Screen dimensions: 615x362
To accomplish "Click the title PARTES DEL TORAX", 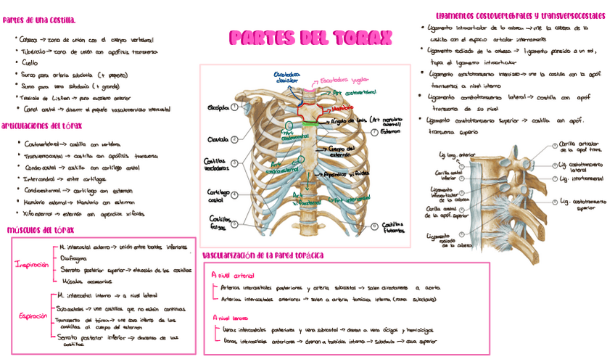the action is click(310, 38).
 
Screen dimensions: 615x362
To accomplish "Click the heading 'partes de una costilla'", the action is click(39, 20).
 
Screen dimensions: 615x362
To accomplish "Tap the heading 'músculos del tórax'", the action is click(41, 230).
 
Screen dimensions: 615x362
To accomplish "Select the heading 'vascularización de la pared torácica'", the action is click(263, 255).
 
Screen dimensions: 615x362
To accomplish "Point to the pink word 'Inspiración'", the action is click(30, 265).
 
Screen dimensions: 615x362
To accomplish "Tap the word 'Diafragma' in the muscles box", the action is click(73, 258).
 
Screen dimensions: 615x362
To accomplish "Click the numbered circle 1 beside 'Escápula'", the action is click(234, 108).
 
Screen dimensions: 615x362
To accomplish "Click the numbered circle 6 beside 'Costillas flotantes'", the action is click(374, 226).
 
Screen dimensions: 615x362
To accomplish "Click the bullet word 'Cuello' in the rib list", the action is click(30, 63).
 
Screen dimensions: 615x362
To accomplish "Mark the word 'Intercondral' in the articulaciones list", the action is click(45, 178).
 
